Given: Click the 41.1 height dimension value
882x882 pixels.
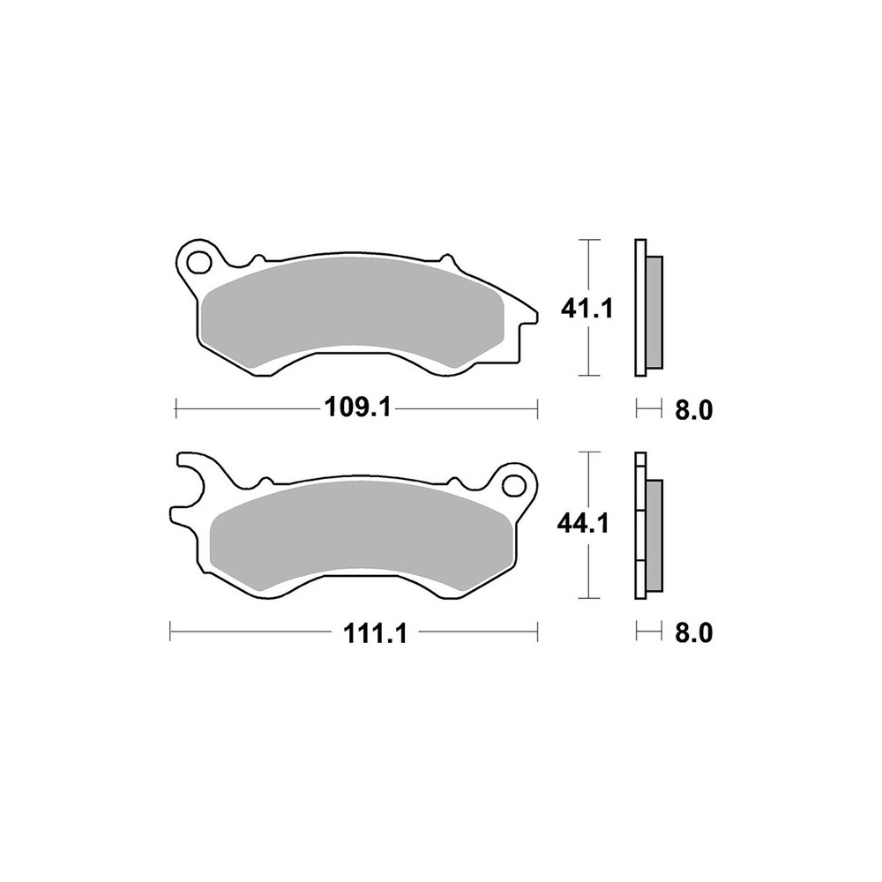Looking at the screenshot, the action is pyautogui.click(x=587, y=308).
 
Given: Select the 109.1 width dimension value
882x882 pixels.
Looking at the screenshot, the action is pyautogui.click(x=358, y=407).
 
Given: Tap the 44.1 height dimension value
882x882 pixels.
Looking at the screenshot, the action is pyautogui.click(x=583, y=525).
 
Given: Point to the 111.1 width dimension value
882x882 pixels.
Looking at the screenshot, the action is pyautogui.click(x=375, y=635).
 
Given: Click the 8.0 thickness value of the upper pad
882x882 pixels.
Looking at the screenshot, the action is pyautogui.click(x=693, y=410).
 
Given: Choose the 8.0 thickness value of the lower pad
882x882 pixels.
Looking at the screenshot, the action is pyautogui.click(x=693, y=633).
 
